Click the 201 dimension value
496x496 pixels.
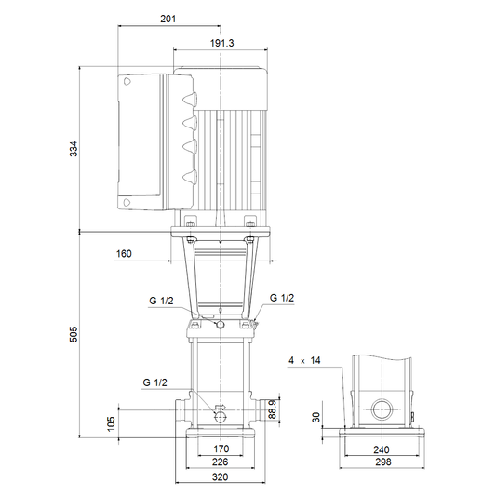[168, 19]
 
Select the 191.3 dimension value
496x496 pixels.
[222, 43]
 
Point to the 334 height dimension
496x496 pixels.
[74, 149]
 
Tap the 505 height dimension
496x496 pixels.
[74, 334]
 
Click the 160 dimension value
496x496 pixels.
[124, 254]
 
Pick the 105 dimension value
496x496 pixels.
[111, 423]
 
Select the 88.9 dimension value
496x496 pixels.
[273, 409]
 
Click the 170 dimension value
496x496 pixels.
[221, 449]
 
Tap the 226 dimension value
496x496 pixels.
[221, 462]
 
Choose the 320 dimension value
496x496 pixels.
[221, 476]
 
